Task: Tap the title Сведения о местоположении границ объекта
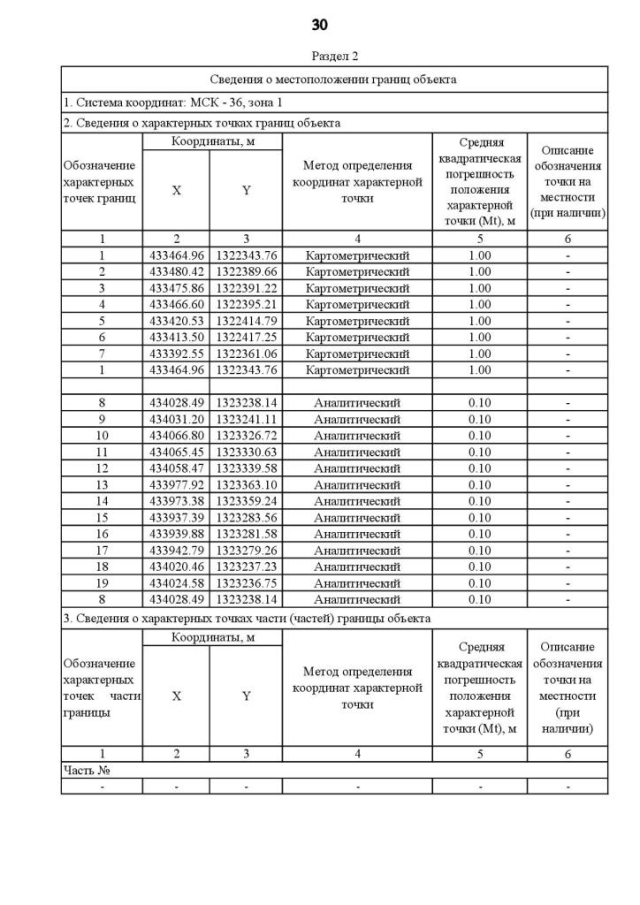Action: (x=334, y=79)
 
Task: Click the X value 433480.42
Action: (x=176, y=272)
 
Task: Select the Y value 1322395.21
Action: (x=246, y=304)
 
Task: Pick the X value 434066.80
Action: (x=176, y=435)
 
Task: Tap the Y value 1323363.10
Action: (x=246, y=484)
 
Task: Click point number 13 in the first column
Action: (x=101, y=484)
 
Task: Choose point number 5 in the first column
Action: (x=101, y=321)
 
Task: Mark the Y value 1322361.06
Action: (x=246, y=353)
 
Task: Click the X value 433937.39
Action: (x=176, y=517)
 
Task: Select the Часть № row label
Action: (x=85, y=770)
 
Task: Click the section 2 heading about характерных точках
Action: (x=201, y=123)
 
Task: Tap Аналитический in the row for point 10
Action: (x=357, y=435)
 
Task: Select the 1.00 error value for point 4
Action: (x=480, y=304)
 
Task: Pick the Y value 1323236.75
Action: (x=246, y=582)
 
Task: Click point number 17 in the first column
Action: (x=101, y=550)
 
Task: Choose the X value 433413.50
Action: (x=176, y=337)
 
